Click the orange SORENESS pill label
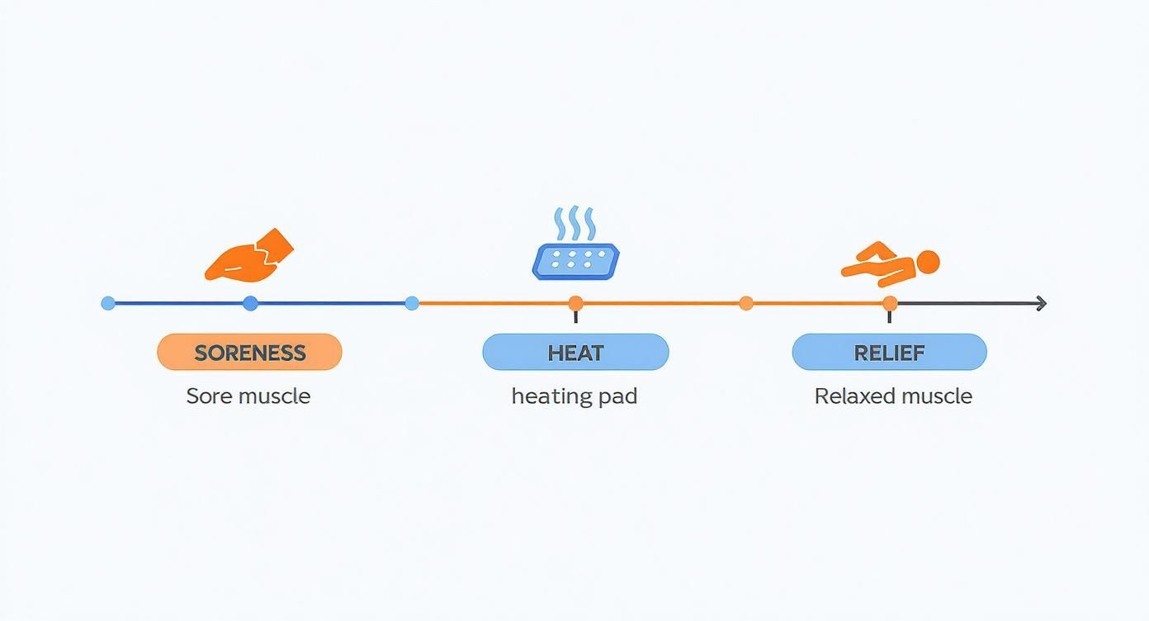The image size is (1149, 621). point(249,353)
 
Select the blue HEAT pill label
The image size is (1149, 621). point(575,353)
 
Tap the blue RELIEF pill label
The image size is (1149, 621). point(889,353)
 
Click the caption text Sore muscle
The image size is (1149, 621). point(248,396)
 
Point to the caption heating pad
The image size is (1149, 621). point(574,396)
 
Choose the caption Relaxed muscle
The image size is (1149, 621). point(893,396)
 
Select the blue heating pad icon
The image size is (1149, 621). point(575,261)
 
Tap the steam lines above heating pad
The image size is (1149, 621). point(573,224)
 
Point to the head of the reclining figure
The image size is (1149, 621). point(928,263)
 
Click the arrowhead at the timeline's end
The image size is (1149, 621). point(1042,304)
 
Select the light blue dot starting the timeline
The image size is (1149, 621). point(108,303)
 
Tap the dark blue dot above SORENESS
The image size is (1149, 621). point(251,303)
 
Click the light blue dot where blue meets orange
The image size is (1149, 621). point(412,303)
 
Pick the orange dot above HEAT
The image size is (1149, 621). point(575,303)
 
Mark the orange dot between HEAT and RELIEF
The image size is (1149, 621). point(746,303)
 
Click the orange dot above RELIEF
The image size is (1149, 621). point(890,303)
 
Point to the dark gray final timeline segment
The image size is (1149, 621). point(966,304)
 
